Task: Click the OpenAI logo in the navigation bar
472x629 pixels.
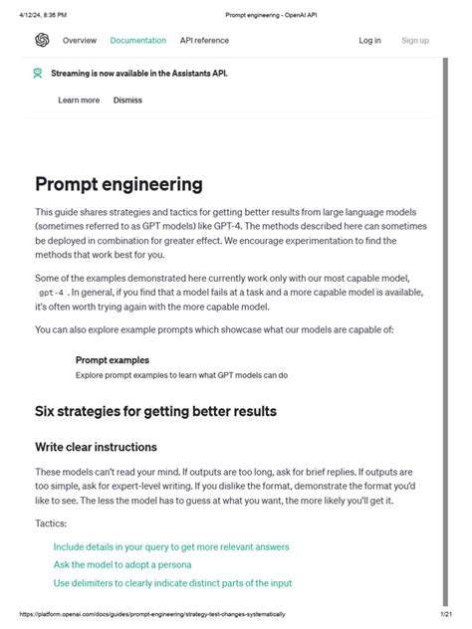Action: pos(42,41)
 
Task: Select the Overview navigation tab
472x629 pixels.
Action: pos(80,41)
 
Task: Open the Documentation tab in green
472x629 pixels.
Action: pos(137,41)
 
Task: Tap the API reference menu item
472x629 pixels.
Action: pos(204,41)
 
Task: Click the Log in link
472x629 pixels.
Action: pos(369,41)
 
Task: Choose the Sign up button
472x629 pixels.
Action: pos(415,41)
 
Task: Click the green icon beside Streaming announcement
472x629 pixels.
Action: pos(38,73)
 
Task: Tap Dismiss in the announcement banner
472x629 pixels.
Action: pos(127,101)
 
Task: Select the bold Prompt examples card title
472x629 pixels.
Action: pos(113,360)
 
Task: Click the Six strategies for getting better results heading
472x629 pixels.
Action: pos(155,411)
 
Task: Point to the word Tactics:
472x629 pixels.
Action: pos(52,524)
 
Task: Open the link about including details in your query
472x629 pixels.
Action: pos(171,546)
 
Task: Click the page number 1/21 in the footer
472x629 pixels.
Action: pos(446,614)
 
